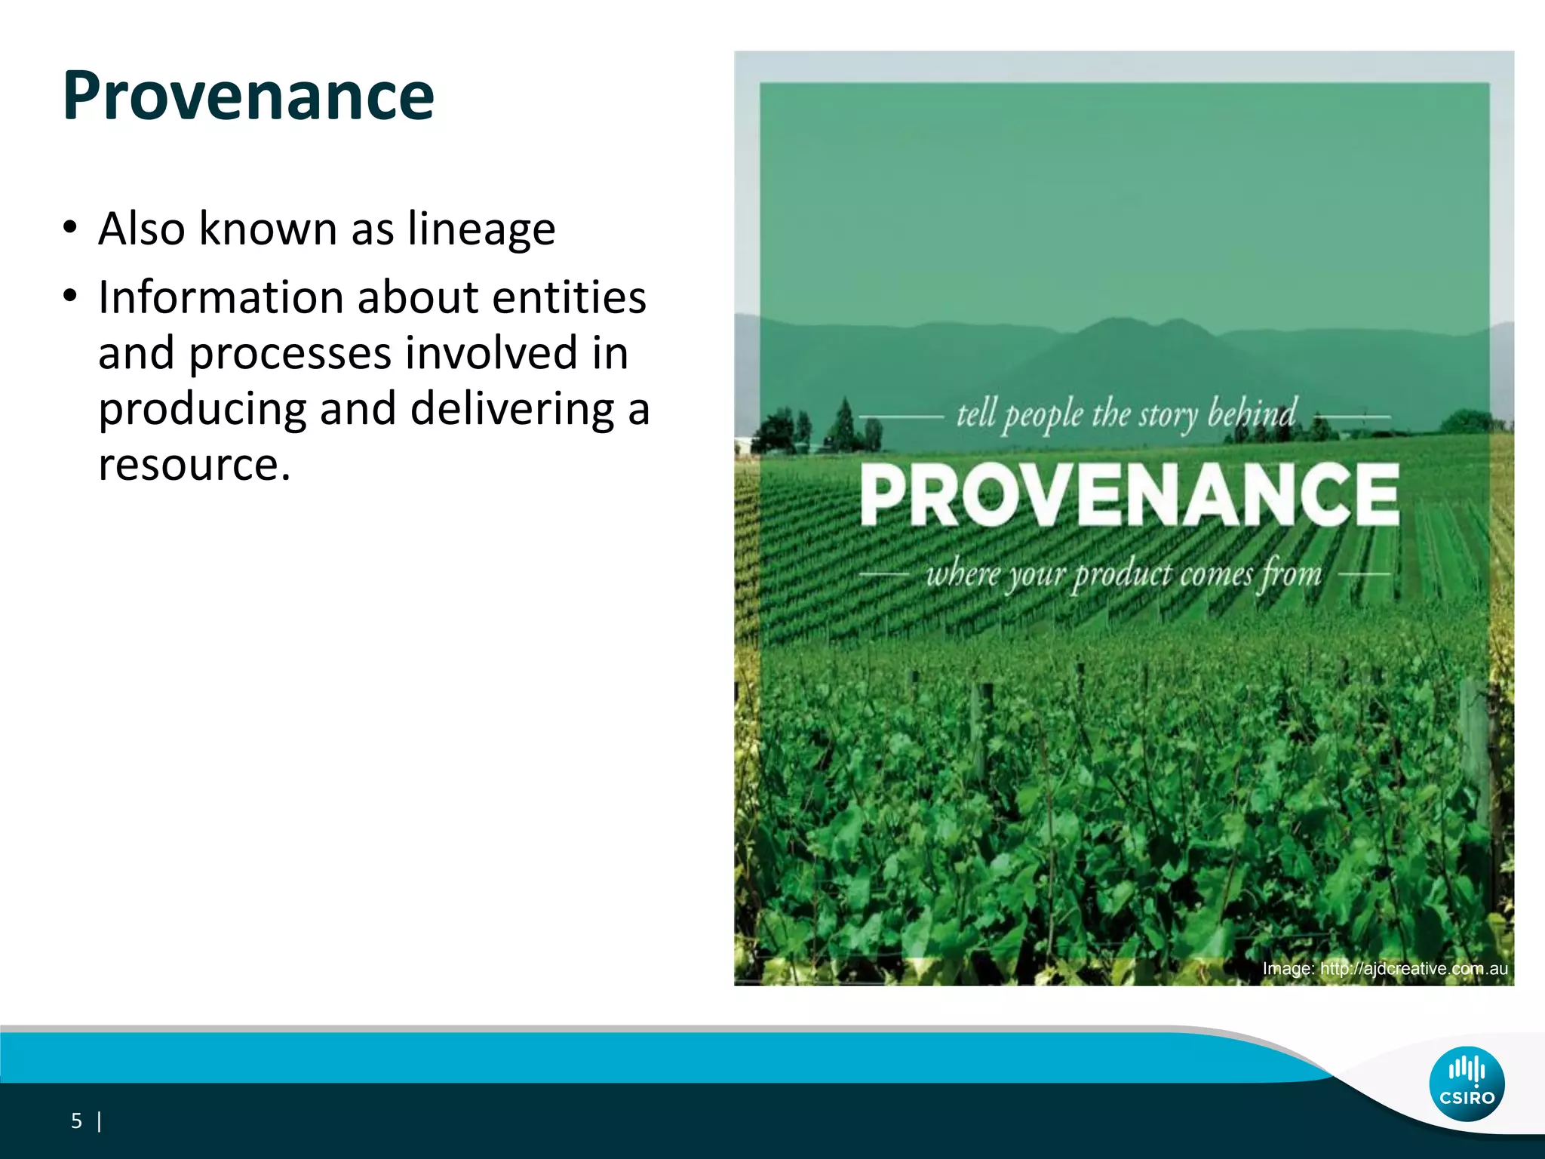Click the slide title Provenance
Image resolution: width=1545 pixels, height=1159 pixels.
(x=248, y=96)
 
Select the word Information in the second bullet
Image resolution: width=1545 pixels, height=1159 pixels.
(x=220, y=297)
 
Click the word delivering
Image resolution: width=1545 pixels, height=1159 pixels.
(x=512, y=409)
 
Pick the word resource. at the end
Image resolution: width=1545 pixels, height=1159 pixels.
(x=194, y=464)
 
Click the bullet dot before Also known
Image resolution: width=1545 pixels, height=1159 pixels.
(x=70, y=228)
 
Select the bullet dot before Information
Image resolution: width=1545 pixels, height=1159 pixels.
(x=70, y=297)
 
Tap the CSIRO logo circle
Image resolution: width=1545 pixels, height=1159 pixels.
(x=1467, y=1084)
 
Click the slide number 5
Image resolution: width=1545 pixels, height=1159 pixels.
(x=76, y=1121)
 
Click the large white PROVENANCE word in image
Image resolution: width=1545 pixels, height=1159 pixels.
(x=1129, y=494)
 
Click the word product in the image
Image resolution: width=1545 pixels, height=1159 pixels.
(x=1123, y=575)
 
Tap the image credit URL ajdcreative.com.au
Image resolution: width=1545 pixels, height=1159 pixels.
(x=1413, y=969)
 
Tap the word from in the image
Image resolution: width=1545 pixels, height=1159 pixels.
(x=1289, y=575)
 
